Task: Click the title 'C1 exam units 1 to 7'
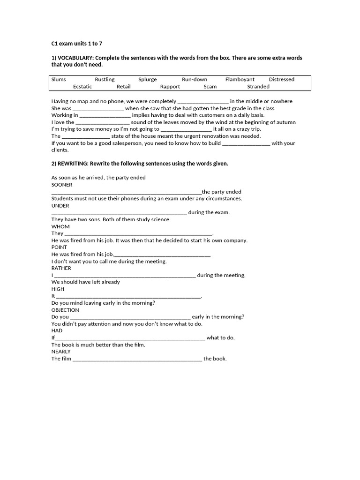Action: pyautogui.click(x=76, y=44)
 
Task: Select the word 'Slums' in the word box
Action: pyautogui.click(x=59, y=80)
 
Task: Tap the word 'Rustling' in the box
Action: pyautogui.click(x=105, y=80)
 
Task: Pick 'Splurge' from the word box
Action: pyautogui.click(x=148, y=80)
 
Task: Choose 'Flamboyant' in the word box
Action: pyautogui.click(x=240, y=80)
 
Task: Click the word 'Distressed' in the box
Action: pyautogui.click(x=282, y=80)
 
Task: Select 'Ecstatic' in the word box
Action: pyautogui.click(x=82, y=87)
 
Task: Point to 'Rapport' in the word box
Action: pyautogui.click(x=170, y=87)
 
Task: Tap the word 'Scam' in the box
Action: pyautogui.click(x=210, y=87)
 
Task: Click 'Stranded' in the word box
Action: pyautogui.click(x=258, y=87)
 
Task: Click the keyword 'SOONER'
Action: pyautogui.click(x=62, y=185)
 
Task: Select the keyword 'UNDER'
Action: pyautogui.click(x=60, y=205)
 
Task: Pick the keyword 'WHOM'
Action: pyautogui.click(x=60, y=226)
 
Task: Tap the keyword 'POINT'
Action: pyautogui.click(x=59, y=247)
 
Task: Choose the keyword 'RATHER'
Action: pyautogui.click(x=61, y=268)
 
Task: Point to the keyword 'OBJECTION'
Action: pyautogui.click(x=65, y=310)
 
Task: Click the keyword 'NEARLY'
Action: pyautogui.click(x=61, y=351)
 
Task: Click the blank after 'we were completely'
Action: pyautogui.click(x=203, y=102)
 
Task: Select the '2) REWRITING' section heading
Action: pyautogui.click(x=140, y=164)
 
